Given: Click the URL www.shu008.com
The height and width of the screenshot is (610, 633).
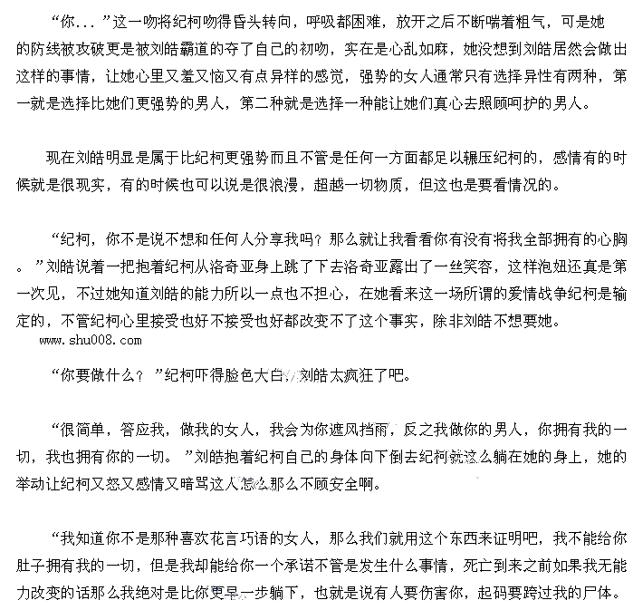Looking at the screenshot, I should [x=91, y=341].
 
